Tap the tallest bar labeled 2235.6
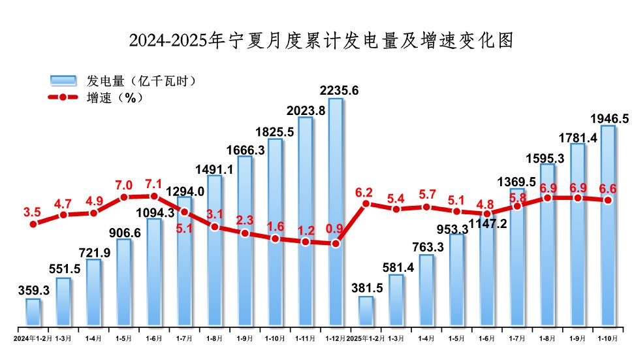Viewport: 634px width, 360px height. (x=335, y=212)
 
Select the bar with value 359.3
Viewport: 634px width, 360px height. (x=33, y=312)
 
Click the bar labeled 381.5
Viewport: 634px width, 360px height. (x=366, y=311)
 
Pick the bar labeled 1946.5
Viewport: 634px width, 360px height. (x=607, y=225)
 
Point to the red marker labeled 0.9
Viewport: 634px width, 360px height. (x=335, y=244)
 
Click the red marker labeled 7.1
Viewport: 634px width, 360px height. (x=154, y=196)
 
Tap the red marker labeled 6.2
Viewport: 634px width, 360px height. (x=366, y=204)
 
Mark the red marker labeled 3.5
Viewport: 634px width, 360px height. (x=33, y=224)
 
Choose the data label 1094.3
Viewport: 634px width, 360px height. (x=155, y=212)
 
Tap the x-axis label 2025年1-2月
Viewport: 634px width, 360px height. (x=366, y=338)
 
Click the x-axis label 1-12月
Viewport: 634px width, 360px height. (x=335, y=338)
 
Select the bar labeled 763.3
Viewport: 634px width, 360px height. (x=426, y=290)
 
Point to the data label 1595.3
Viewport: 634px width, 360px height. (x=547, y=157)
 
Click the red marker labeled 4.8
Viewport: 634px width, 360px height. (x=486, y=214)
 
